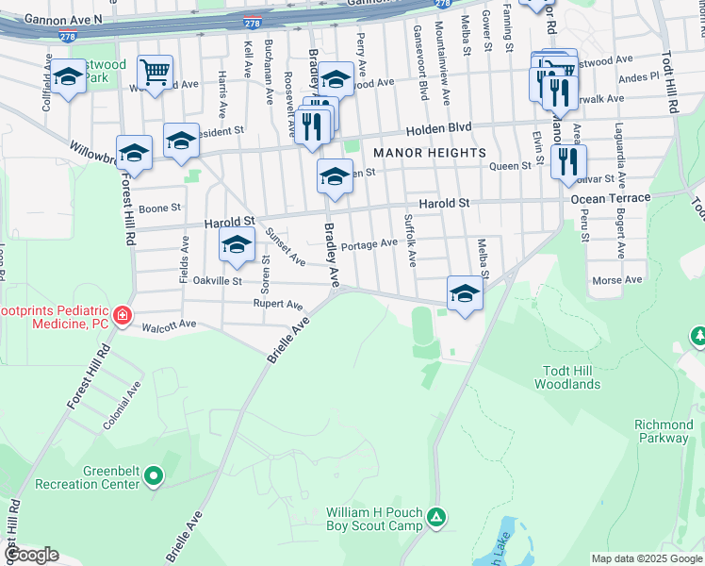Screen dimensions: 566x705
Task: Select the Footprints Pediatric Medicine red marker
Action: [122, 316]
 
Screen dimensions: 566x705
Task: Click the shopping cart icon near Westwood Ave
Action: [155, 71]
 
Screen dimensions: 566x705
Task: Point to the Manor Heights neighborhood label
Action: [430, 153]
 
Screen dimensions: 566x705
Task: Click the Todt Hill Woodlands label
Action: [567, 377]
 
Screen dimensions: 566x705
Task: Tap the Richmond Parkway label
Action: [662, 431]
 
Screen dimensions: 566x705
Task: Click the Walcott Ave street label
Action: [169, 325]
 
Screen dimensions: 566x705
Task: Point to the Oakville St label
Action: [218, 281]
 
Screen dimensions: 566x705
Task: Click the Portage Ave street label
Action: [369, 244]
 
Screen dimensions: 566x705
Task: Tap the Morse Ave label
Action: [616, 280]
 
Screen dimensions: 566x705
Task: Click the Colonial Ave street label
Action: [123, 407]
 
